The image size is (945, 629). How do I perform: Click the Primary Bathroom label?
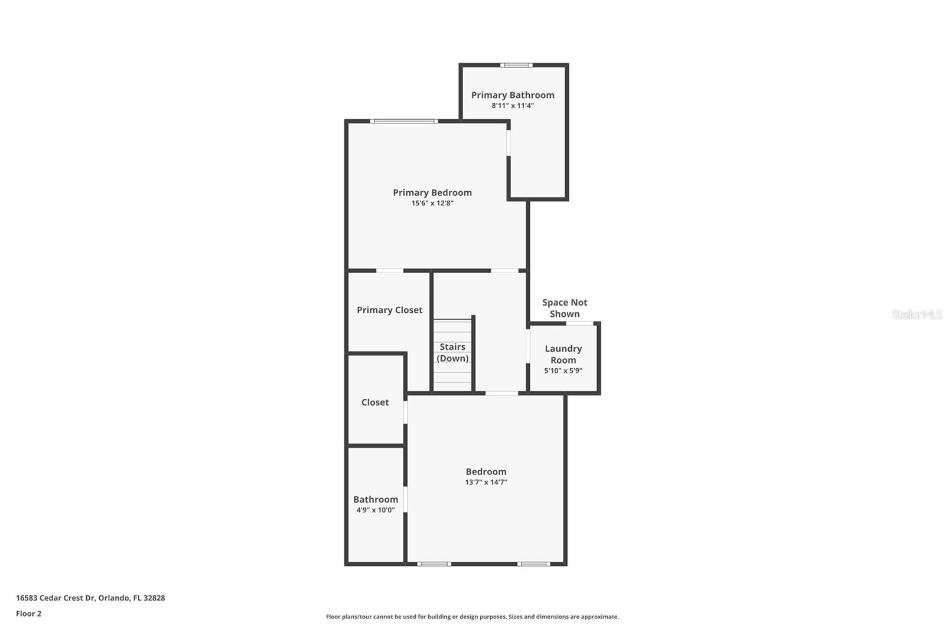click(x=513, y=95)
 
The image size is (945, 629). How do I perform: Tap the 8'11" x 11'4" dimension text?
click(x=513, y=106)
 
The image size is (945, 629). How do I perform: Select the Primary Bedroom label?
click(x=432, y=192)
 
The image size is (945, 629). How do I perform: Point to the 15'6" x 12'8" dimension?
click(x=432, y=204)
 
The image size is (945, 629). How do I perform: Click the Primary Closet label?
click(x=389, y=310)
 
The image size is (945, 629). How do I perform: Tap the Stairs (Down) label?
click(x=452, y=352)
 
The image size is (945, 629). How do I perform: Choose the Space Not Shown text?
click(x=565, y=308)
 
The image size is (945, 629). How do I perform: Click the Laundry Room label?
click(x=563, y=354)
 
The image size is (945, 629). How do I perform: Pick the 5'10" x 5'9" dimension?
click(x=563, y=371)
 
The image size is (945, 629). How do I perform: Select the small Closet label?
click(x=375, y=402)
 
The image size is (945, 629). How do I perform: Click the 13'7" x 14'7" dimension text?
click(x=486, y=483)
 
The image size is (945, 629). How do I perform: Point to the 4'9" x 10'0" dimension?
click(x=376, y=510)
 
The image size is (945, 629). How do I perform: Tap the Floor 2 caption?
click(x=28, y=614)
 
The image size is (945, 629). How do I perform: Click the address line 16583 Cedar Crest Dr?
click(x=90, y=598)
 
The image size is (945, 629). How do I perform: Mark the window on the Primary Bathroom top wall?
click(x=516, y=65)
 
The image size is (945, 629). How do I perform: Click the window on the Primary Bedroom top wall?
click(x=404, y=122)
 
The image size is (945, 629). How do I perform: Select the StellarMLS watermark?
click(x=917, y=314)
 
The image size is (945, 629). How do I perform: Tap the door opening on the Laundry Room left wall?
click(x=527, y=346)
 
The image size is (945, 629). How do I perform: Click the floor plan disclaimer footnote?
click(x=472, y=617)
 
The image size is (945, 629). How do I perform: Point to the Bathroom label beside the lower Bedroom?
click(x=376, y=499)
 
